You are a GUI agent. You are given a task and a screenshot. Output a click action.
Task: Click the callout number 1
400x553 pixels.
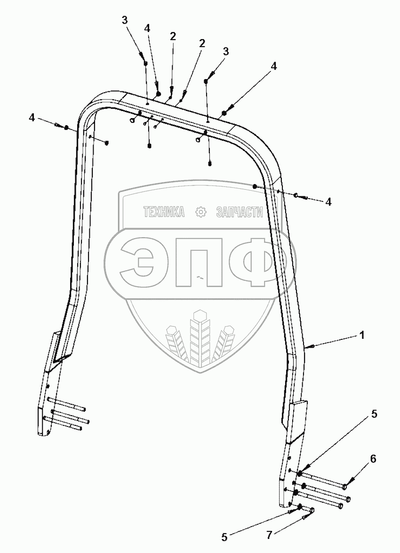tap(362, 336)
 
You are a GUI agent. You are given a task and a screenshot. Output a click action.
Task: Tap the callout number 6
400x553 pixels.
tap(373, 458)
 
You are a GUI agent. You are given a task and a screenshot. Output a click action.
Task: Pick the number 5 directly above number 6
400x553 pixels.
tap(374, 414)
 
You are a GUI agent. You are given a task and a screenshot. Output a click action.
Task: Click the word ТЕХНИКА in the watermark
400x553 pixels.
tap(164, 213)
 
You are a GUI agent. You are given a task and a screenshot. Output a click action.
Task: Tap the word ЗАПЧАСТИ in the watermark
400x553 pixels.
tap(239, 213)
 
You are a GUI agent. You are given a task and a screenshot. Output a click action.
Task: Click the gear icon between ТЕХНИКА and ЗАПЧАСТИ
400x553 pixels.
tap(201, 213)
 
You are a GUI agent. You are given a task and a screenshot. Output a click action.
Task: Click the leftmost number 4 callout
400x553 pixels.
tap(32, 118)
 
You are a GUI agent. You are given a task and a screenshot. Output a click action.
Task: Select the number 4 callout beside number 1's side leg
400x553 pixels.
tap(328, 201)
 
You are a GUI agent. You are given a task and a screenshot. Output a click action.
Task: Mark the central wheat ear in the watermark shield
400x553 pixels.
tap(200, 337)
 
